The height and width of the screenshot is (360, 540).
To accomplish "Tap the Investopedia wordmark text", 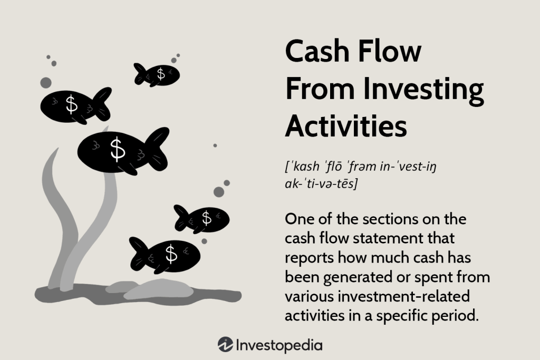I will [x=279, y=345].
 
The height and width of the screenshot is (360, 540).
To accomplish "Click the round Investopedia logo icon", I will [x=225, y=345].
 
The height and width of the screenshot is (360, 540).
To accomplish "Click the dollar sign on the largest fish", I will [x=118, y=150].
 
